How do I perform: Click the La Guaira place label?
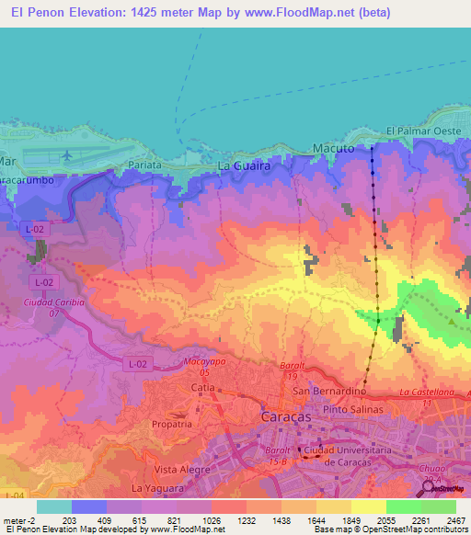point(244,166)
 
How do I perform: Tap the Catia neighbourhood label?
point(202,389)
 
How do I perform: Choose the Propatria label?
point(172,426)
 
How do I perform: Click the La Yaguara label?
point(152,487)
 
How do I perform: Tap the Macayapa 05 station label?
point(203,367)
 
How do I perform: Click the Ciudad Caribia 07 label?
point(53,307)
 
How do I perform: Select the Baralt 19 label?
point(292,370)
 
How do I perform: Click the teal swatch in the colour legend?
point(54,507)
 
